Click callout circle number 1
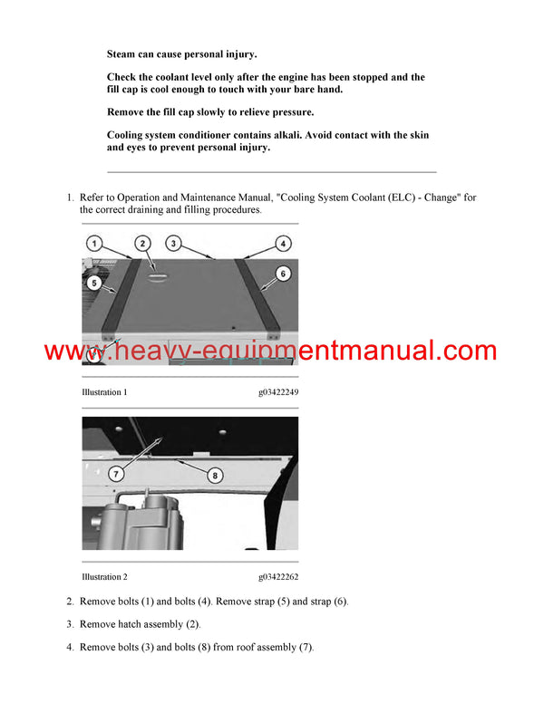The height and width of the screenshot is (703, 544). tap(93, 244)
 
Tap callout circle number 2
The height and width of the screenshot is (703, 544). tap(142, 244)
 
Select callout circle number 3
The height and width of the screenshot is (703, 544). tap(173, 244)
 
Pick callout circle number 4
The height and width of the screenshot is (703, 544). tap(283, 244)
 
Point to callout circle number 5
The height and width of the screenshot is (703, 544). tap(94, 283)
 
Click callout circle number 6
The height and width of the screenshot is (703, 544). tap(283, 274)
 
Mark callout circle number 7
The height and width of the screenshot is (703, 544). tap(116, 474)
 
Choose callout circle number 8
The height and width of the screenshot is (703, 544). tap(215, 476)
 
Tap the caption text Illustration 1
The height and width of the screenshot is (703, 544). tap(104, 392)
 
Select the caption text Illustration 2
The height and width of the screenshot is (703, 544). tap(104, 577)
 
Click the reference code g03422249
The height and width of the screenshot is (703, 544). tap(278, 392)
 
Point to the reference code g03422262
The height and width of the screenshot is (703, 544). tap(278, 577)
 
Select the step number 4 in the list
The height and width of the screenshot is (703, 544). tap(70, 647)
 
